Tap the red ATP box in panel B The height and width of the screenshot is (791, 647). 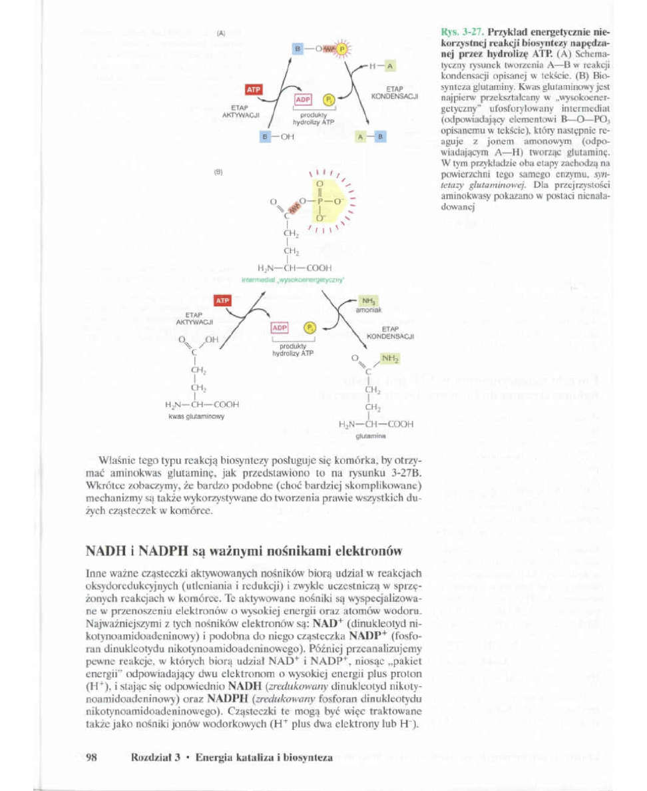[222, 301]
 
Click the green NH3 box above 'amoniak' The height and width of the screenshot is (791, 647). [367, 301]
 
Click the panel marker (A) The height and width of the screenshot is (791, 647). [222, 31]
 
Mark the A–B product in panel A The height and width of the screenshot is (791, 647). [371, 137]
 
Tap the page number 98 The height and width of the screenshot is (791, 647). [93, 757]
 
